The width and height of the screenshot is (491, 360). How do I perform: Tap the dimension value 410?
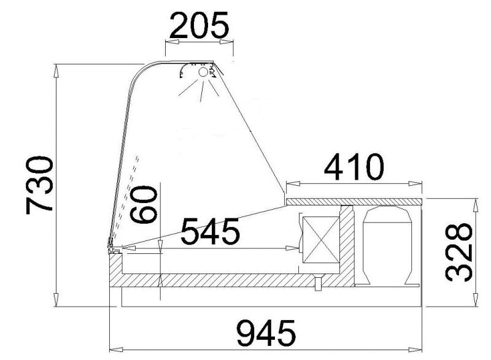[354, 167]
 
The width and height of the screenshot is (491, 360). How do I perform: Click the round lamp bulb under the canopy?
[203, 72]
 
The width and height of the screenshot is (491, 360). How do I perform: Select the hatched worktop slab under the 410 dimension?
[354, 201]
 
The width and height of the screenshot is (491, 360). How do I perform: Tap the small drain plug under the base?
[317, 283]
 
